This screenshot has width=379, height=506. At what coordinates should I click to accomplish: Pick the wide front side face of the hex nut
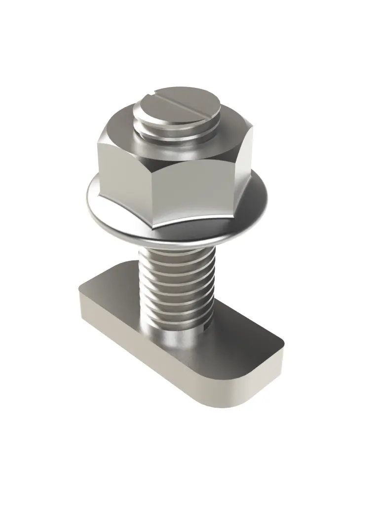click(197, 193)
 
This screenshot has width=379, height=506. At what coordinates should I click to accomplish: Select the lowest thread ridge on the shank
click(178, 324)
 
